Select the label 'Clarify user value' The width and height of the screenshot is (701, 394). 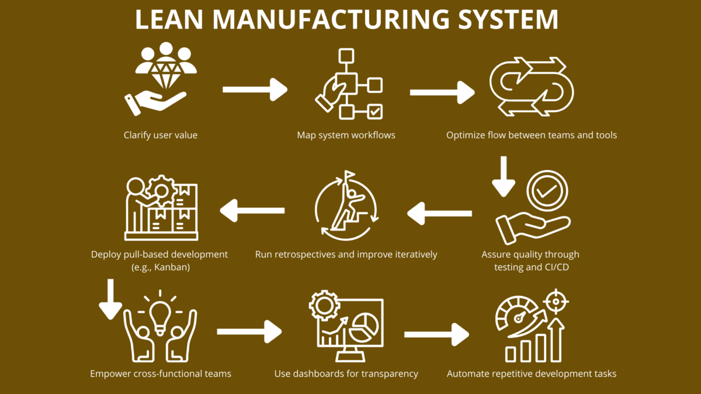161,135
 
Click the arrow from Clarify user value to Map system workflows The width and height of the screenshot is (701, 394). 255,90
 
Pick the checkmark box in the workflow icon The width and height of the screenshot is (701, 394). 374,110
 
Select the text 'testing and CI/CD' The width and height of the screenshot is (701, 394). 530,267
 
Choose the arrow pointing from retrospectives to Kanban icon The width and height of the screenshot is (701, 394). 252,210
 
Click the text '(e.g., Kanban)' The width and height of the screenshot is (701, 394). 159,267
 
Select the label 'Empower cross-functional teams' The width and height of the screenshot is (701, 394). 161,374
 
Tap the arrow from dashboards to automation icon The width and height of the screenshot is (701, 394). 436,334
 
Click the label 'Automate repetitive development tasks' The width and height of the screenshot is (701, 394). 532,374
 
